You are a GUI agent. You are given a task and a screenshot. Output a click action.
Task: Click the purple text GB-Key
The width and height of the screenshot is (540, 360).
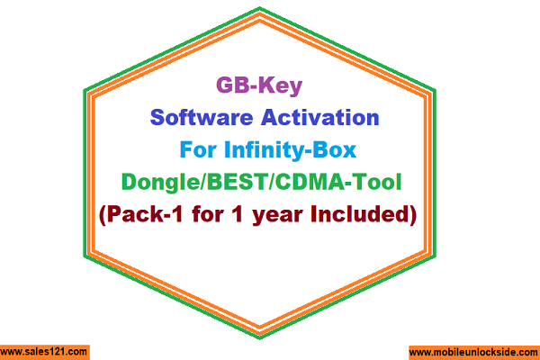[x=259, y=85]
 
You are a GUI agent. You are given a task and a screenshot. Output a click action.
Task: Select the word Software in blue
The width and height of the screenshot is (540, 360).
[x=202, y=118]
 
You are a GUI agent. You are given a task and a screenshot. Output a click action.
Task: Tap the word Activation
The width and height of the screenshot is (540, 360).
[x=320, y=118]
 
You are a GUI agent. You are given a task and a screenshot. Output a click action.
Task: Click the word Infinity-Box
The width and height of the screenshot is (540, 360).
[x=291, y=150]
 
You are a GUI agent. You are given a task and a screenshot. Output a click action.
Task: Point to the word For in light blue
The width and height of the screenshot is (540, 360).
[x=198, y=150]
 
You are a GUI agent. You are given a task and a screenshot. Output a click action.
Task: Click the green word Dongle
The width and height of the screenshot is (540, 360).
[x=160, y=183]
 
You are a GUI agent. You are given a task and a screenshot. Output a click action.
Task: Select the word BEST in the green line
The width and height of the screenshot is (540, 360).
[x=237, y=182]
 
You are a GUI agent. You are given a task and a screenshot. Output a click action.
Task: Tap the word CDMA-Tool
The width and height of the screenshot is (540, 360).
[x=338, y=182]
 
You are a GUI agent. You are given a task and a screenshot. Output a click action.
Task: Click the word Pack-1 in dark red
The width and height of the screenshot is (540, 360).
[x=144, y=214]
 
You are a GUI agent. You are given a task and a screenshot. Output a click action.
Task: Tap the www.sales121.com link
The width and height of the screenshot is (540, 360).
[x=44, y=352]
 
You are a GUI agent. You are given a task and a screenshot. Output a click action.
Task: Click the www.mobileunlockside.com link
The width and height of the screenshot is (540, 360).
[x=474, y=353]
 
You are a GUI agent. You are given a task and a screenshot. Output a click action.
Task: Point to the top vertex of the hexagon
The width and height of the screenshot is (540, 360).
[x=260, y=7]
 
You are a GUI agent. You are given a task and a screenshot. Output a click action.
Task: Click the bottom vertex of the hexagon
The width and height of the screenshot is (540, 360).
[x=260, y=339]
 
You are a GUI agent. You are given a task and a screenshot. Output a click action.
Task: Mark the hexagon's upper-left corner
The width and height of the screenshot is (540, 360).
[x=84, y=90]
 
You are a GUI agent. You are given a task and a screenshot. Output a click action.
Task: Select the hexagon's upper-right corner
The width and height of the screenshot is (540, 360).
[x=436, y=90]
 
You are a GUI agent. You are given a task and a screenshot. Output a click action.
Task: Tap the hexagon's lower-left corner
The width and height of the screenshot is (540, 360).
[x=84, y=256]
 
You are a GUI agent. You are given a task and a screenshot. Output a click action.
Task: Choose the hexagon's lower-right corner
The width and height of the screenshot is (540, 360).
[x=436, y=256]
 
